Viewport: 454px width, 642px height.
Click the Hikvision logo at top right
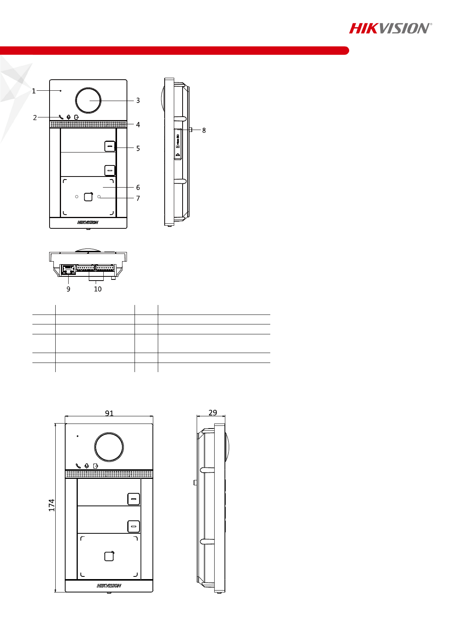coord(390,28)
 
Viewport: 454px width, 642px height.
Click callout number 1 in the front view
coord(34,91)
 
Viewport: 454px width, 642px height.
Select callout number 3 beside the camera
coord(138,101)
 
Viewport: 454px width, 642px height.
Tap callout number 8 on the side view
coord(204,130)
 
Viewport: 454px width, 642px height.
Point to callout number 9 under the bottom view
coord(68,289)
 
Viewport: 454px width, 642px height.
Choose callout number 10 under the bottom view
coord(98,289)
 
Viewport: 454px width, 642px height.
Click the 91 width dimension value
coord(109,413)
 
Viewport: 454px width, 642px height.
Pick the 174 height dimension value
coord(51,505)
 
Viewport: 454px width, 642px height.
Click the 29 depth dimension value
coord(213,412)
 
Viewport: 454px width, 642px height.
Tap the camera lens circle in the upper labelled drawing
coord(88,100)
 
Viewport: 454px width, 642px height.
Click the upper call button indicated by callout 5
coord(110,146)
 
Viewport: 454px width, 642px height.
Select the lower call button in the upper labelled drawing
coord(110,170)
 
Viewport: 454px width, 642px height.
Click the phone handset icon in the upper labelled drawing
coord(61,117)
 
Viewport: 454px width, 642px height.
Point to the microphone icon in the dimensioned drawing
coord(87,466)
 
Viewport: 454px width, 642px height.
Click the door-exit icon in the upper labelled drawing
coord(77,117)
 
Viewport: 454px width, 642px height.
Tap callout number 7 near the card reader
coord(138,198)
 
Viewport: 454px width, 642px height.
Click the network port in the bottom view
coord(68,270)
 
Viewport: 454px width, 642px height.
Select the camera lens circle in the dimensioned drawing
coord(109,447)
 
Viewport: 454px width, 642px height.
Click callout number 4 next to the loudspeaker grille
coord(138,125)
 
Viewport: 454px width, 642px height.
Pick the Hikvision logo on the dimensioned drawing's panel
coord(109,586)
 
